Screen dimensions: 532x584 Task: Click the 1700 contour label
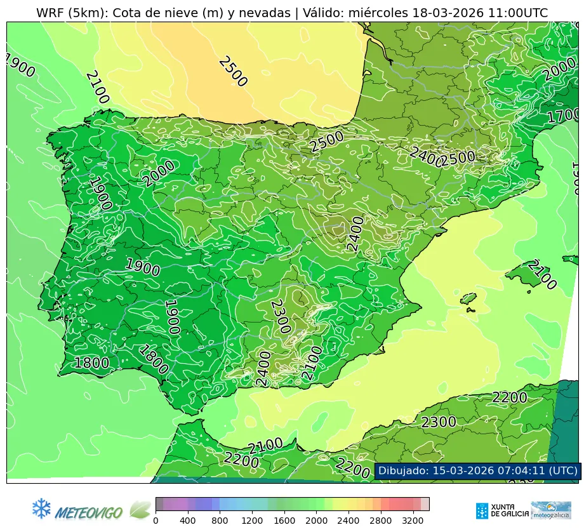pyautogui.click(x=563, y=116)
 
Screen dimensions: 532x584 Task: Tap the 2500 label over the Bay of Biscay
pyautogui.click(x=232, y=71)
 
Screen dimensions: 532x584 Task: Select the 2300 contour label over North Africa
pyautogui.click(x=439, y=422)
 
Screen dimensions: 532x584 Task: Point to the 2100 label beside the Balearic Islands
pyautogui.click(x=542, y=275)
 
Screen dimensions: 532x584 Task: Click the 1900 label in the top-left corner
pyautogui.click(x=19, y=65)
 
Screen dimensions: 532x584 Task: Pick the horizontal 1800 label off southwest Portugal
pyautogui.click(x=91, y=363)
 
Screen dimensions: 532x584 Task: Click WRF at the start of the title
pyautogui.click(x=50, y=13)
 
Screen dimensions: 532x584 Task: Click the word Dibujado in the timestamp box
pyautogui.click(x=403, y=470)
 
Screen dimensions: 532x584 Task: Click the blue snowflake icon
pyautogui.click(x=41, y=507)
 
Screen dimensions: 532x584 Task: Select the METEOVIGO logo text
pyautogui.click(x=89, y=512)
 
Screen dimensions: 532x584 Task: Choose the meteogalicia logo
pyautogui.click(x=550, y=510)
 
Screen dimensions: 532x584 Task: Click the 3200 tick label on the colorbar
pyautogui.click(x=413, y=521)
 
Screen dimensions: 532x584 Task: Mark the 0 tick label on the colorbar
pyautogui.click(x=156, y=521)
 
